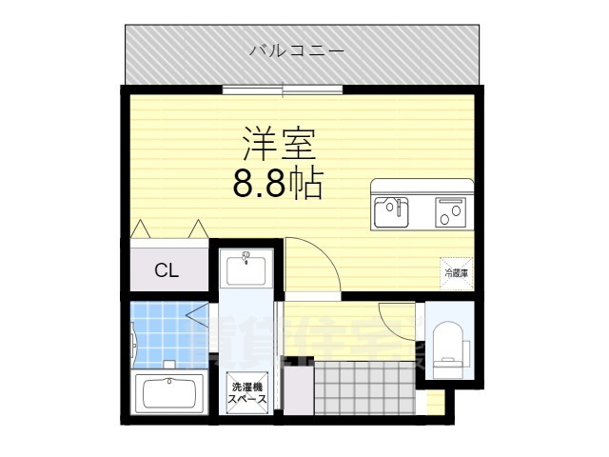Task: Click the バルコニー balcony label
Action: (297, 50)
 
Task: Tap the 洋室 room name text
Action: (278, 145)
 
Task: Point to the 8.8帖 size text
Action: (278, 181)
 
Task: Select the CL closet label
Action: (167, 270)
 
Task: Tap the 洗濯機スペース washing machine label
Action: (246, 393)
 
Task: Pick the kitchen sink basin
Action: (389, 211)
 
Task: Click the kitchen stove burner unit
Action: (451, 211)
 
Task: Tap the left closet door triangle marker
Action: (140, 228)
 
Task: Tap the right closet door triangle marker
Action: (198, 228)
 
